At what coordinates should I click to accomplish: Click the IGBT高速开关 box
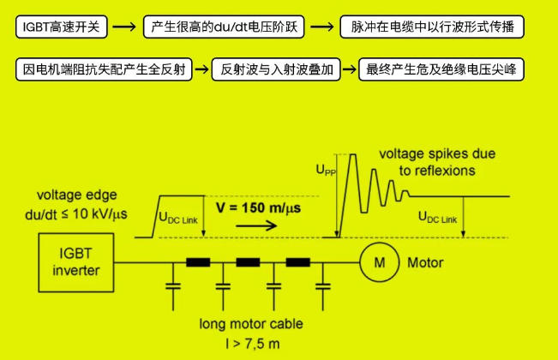click(61, 27)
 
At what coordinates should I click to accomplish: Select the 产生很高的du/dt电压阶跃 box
click(224, 27)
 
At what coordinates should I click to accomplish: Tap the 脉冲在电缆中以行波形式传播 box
click(431, 27)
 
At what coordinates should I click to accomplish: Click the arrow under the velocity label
click(256, 227)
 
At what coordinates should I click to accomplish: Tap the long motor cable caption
click(250, 326)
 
